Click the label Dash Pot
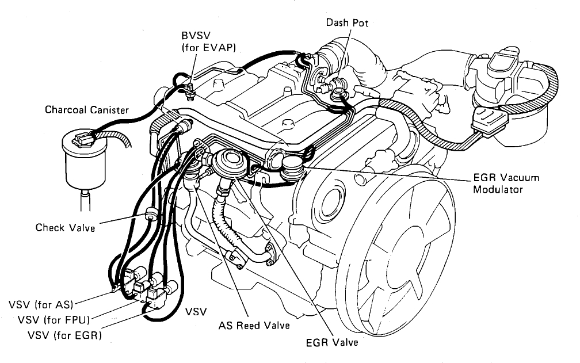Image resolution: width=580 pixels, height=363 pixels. tap(347, 23)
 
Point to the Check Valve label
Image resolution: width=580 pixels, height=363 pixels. tap(65, 227)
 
